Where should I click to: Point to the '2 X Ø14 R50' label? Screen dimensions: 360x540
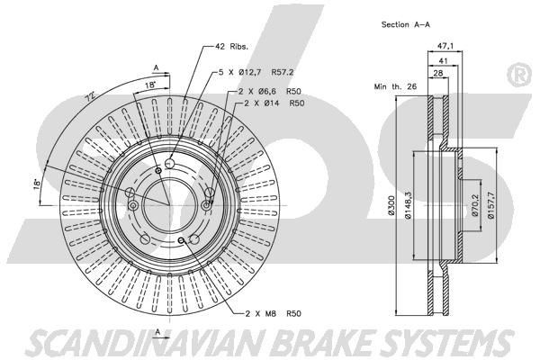pyautogui.click(x=269, y=104)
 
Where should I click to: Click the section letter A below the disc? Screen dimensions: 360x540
pyautogui.click(x=158, y=333)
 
